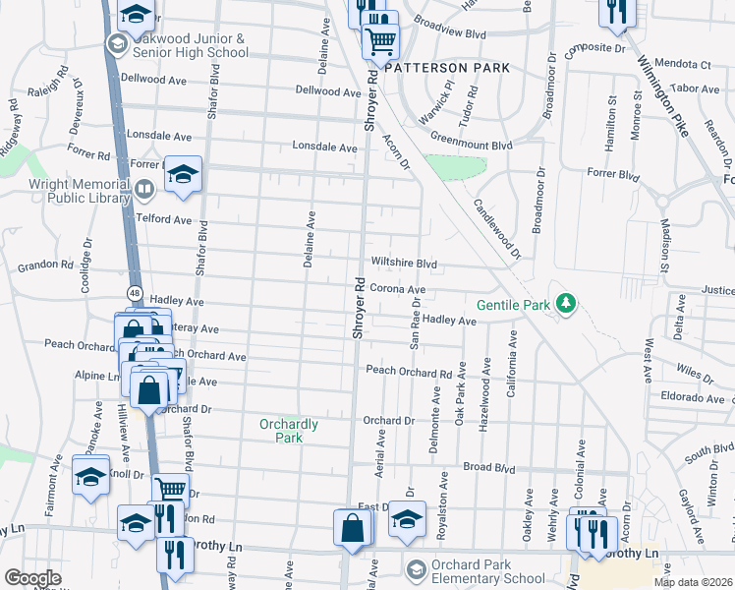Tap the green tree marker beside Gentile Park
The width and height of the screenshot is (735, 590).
565,304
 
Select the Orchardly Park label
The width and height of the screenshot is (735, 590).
288,431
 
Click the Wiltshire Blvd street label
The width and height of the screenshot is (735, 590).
403,264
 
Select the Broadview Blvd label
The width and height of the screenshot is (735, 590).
450,33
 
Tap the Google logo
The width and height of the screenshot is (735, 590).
32,578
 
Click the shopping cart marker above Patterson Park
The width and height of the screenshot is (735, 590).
379,41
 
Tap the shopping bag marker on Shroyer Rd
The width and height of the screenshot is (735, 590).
352,529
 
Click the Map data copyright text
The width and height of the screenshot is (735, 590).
693,582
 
